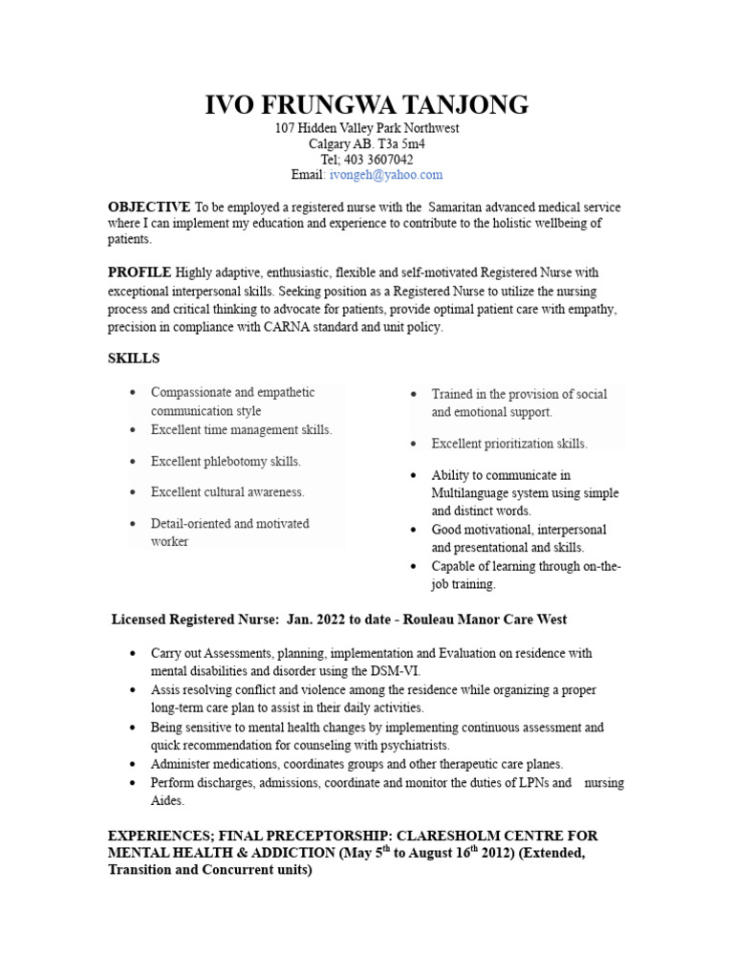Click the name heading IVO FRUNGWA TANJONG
[367, 105]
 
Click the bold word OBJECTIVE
[149, 207]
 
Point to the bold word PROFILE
[140, 273]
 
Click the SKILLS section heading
[134, 359]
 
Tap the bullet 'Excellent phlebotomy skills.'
[226, 462]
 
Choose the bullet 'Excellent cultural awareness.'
[227, 492]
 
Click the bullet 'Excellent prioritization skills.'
[509, 444]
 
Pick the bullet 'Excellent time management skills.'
[241, 430]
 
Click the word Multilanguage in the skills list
[472, 493]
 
